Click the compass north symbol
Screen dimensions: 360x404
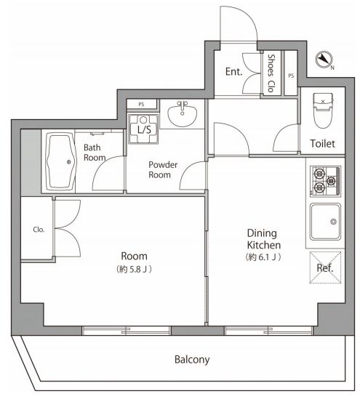(324, 60)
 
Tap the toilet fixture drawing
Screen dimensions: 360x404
(323, 110)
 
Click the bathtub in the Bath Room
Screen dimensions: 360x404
(60, 161)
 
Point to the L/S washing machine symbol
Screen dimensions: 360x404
(144, 129)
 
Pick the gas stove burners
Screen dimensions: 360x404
(325, 182)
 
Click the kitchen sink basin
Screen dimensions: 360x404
(325, 222)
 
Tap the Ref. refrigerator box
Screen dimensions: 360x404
(325, 267)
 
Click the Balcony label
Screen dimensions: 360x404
(192, 360)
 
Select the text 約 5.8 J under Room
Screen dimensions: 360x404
(134, 270)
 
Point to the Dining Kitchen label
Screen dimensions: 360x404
(263, 239)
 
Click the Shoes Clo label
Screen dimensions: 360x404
(271, 73)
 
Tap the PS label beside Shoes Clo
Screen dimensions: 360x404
(291, 76)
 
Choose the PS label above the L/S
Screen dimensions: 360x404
(141, 105)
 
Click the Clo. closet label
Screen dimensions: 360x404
(39, 230)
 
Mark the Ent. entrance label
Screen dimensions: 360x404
(234, 72)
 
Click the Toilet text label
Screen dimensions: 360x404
(322, 144)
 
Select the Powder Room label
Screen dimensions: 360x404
(163, 169)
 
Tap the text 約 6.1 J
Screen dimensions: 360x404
(263, 257)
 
